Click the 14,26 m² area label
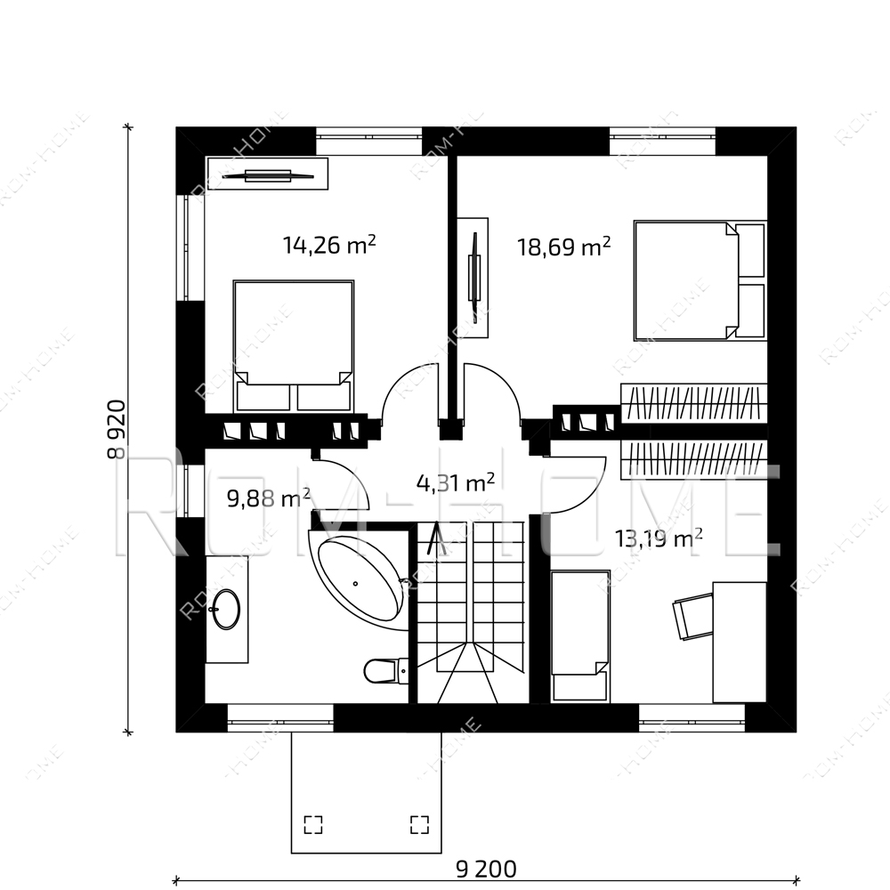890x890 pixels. [329, 246]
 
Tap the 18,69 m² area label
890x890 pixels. [563, 247]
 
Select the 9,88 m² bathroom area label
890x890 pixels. [269, 498]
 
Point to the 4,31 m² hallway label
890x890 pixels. [456, 483]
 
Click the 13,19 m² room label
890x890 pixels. [659, 538]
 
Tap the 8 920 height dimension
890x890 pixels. [117, 429]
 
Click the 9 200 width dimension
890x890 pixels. [487, 869]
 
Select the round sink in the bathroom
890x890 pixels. [226, 609]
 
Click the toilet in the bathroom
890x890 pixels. [385, 671]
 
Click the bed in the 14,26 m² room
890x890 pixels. [294, 345]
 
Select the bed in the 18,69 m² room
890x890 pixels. [700, 280]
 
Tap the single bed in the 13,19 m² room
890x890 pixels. [580, 636]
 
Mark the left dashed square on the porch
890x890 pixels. [312, 825]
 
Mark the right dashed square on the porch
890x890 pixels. [419, 825]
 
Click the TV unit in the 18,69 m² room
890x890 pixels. [473, 278]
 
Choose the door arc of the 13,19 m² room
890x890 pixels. [590, 489]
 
